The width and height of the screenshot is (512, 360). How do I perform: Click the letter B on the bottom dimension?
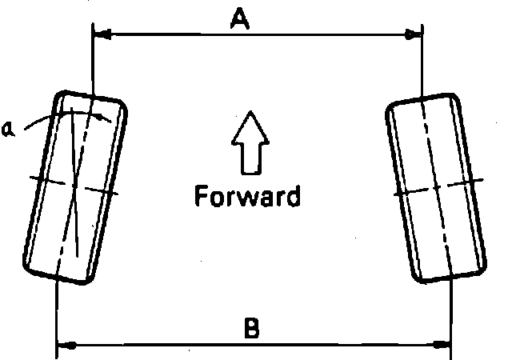(x=250, y=329)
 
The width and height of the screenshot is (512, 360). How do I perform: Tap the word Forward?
(x=247, y=195)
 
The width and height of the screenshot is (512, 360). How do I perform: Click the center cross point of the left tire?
(x=74, y=185)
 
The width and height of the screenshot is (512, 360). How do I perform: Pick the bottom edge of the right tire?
(x=452, y=278)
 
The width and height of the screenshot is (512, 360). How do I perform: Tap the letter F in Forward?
(x=201, y=195)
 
